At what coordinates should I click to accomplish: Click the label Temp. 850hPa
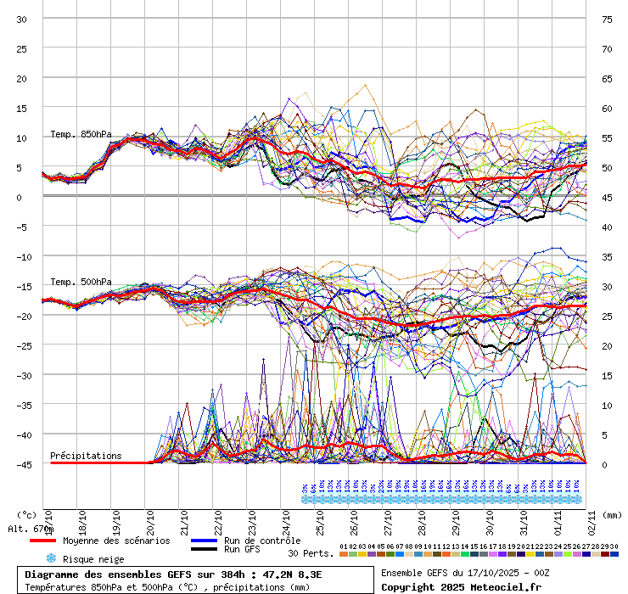pos(81,134)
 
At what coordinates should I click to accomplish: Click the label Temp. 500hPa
pos(81,282)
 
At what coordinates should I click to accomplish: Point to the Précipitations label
pos(86,456)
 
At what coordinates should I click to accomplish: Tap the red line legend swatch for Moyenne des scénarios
pos(42,541)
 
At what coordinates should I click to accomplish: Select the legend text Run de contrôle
pos(262,541)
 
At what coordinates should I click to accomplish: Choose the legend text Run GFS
pos(242,550)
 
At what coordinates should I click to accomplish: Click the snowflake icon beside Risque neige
pos(50,558)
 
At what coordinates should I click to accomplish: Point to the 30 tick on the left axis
pos(23,19)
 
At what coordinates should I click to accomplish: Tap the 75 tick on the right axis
pos(607,19)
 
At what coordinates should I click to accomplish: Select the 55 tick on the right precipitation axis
pos(607,137)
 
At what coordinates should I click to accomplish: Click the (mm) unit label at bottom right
pos(613,514)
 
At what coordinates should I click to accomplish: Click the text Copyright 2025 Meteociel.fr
pos(461,586)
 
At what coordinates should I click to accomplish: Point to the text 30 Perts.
pos(311,553)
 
